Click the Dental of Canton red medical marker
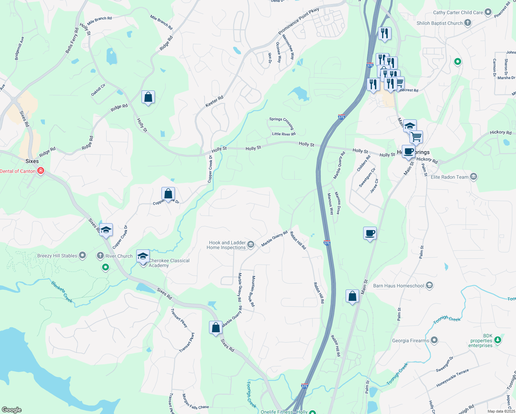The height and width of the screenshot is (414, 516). click(x=41, y=171)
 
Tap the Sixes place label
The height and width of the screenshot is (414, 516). click(x=32, y=161)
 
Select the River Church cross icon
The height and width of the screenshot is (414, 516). click(x=100, y=256)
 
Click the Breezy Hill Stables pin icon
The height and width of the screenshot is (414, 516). click(x=82, y=255)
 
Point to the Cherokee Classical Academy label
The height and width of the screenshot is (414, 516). click(x=169, y=263)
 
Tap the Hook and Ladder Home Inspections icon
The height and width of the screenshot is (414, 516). click(x=251, y=245)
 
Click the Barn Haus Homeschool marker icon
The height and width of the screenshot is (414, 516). click(x=429, y=285)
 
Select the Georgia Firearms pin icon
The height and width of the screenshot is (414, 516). click(x=434, y=340)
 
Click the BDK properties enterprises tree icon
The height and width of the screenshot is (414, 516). click(x=497, y=340)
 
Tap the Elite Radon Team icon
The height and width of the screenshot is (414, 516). click(x=474, y=177)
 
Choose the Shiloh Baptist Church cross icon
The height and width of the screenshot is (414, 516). click(x=468, y=23)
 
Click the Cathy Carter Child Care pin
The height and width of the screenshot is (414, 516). click(x=488, y=12)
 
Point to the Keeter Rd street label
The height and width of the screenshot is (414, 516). click(x=215, y=101)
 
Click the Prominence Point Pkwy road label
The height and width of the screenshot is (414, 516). click(x=299, y=21)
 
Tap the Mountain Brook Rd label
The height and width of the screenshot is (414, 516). click(x=253, y=291)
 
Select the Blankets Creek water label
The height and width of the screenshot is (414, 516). click(x=62, y=292)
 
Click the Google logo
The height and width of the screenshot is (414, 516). click(x=11, y=410)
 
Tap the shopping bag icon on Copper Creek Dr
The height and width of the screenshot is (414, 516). click(x=168, y=194)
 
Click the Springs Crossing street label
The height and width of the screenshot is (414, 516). click(x=281, y=123)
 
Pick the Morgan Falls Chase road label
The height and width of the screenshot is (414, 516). click(x=196, y=402)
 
